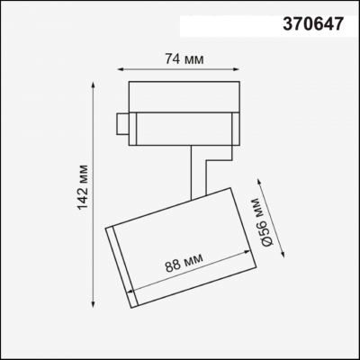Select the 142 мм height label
click(x=83, y=192)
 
